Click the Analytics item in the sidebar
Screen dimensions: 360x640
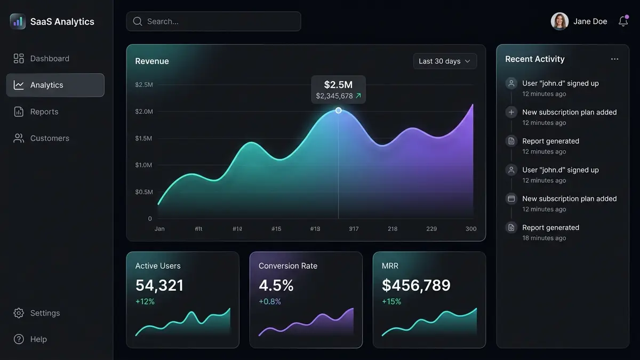pos(47,85)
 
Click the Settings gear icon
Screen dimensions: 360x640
pos(19,313)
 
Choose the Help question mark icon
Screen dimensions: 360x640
pos(19,339)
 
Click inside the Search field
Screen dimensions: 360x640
pos(213,21)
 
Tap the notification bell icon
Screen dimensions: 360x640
pos(623,21)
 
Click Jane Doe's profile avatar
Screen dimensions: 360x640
pos(559,21)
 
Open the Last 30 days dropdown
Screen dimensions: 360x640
pos(445,61)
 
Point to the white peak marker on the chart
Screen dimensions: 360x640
pos(338,110)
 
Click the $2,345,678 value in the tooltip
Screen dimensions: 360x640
pos(334,96)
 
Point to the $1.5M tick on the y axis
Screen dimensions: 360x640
pos(143,139)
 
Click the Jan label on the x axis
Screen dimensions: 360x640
pos(159,229)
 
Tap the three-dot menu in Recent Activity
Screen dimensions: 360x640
pos(614,59)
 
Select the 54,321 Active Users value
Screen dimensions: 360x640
pos(159,285)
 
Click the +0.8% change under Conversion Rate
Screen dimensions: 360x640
pos(270,302)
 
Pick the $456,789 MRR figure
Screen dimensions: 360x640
pos(416,285)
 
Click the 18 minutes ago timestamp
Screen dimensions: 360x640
pos(544,238)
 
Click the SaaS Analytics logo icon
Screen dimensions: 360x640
pos(18,21)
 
